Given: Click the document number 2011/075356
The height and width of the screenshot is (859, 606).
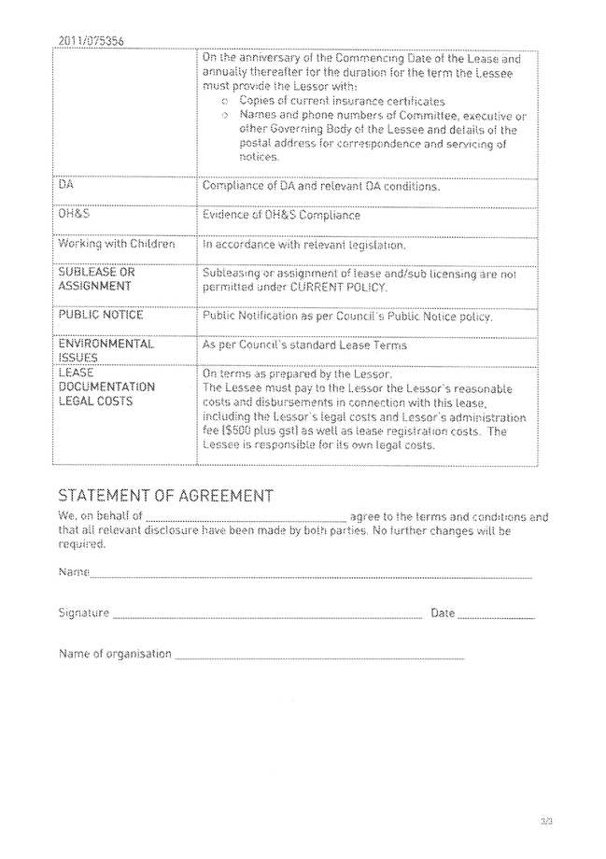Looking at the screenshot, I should pos(91,40).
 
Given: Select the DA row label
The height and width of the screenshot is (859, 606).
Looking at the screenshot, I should pos(66,186).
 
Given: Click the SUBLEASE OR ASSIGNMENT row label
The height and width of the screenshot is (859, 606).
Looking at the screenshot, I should pos(95,279).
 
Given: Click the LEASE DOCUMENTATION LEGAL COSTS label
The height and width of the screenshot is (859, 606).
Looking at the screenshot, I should pos(94,387).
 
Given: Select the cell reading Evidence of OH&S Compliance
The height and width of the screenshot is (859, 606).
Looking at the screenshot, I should pos(281,216).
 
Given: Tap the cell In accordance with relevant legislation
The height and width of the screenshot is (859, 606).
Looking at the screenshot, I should pos(304,246).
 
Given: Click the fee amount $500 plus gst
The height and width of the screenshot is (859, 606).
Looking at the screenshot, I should pos(246,431).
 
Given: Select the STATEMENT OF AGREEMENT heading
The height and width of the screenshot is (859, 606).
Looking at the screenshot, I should pos(165,495).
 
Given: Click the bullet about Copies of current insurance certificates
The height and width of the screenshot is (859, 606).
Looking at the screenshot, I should pos(341,100).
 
